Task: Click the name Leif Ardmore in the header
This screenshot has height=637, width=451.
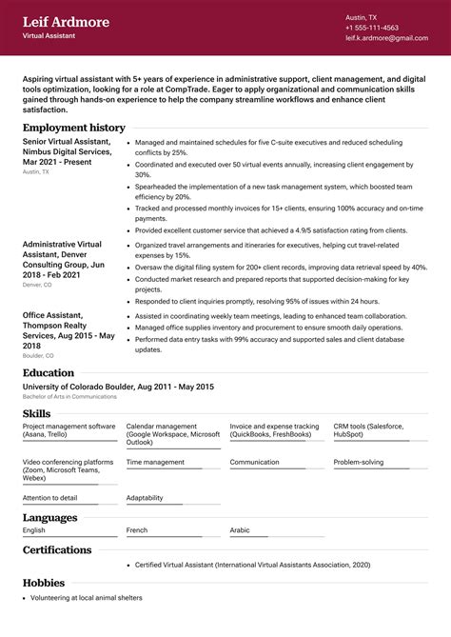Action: tap(66, 21)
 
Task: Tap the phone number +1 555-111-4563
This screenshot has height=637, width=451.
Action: tap(372, 28)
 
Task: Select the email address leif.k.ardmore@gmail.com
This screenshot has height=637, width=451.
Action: tap(386, 38)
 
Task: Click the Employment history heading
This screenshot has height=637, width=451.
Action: tap(73, 127)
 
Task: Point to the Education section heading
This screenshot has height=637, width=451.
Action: tap(49, 372)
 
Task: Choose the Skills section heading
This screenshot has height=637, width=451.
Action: tap(37, 413)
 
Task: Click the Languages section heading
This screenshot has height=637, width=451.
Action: tap(50, 517)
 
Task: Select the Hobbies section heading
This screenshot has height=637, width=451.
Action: tap(44, 582)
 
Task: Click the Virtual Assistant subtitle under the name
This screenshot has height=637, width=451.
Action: tap(49, 36)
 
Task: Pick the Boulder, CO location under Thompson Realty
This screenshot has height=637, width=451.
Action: tap(38, 355)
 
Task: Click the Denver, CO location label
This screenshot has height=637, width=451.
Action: tap(38, 285)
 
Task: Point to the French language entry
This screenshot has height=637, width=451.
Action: tap(137, 529)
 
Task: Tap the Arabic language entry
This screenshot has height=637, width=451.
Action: tap(240, 529)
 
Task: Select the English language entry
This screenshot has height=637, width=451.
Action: tap(34, 529)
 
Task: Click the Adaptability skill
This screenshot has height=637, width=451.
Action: tap(145, 497)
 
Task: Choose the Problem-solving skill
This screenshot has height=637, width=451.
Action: tap(359, 462)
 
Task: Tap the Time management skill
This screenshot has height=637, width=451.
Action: tap(155, 462)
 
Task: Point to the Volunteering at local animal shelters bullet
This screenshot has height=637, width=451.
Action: tap(86, 598)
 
